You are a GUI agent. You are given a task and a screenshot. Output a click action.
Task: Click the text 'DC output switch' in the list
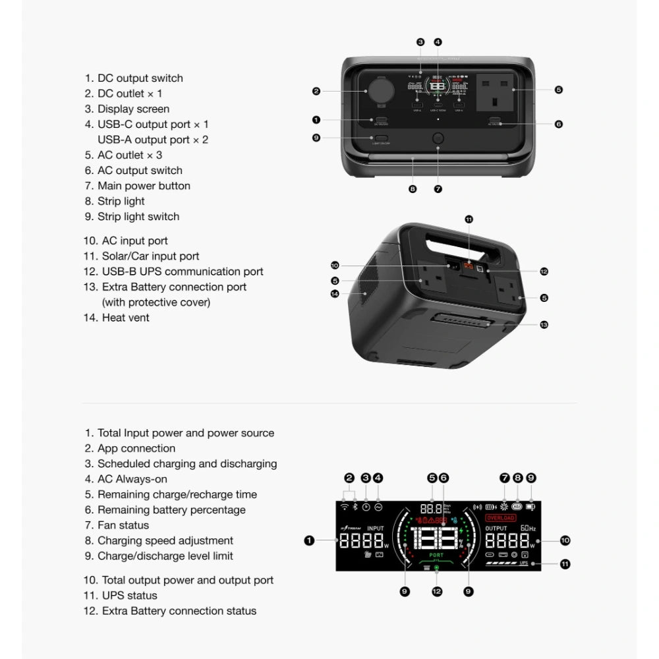pos(140,78)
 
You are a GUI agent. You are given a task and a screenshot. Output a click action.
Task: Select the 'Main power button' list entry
pos(144,186)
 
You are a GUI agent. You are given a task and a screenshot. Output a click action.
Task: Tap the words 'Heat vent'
pos(125,318)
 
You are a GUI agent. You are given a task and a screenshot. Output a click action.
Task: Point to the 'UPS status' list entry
pos(129,596)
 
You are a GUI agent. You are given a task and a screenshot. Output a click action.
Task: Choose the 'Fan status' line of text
pos(123,525)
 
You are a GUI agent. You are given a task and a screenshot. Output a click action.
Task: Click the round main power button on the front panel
pos(437,140)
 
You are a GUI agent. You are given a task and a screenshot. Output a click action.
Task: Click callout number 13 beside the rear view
pos(544,324)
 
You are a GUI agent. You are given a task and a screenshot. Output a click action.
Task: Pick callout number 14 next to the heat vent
pos(335,294)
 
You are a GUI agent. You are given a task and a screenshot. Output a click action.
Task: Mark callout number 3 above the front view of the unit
pos(420,42)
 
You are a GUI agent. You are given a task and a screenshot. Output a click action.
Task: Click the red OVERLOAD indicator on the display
pos(501,518)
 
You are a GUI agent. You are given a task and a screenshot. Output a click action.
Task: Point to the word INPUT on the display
pos(375,528)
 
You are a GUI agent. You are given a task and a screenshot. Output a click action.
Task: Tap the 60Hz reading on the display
pos(528,528)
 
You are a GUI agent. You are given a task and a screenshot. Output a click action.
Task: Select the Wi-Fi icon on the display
pos(343,506)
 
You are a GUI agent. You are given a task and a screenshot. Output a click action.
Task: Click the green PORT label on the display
pos(436,556)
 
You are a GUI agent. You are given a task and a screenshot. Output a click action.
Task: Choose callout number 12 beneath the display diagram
pos(437,592)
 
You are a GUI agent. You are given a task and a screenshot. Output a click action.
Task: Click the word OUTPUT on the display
pos(496,528)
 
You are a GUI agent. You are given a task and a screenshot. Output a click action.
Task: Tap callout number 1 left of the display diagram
pos(308,540)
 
